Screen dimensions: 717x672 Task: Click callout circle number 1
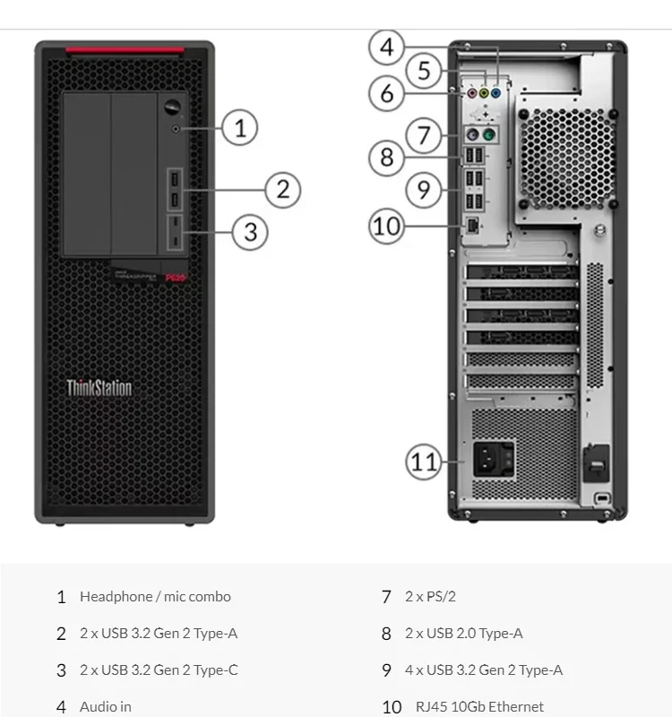point(239,127)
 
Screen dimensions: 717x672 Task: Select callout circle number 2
point(282,189)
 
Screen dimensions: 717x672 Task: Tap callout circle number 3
point(251,232)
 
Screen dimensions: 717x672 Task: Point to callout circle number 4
point(386,47)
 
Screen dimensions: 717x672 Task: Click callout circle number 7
point(424,136)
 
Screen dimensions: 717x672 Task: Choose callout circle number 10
point(387,225)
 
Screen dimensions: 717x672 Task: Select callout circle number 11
point(424,462)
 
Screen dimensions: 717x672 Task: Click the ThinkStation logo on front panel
point(99,388)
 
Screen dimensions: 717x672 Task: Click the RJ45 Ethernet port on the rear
point(473,225)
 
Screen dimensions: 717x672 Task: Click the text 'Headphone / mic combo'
point(155,597)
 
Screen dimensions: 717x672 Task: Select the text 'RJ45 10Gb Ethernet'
point(479,707)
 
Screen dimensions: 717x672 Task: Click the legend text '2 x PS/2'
point(430,597)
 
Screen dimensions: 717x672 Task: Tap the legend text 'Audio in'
point(106,707)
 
